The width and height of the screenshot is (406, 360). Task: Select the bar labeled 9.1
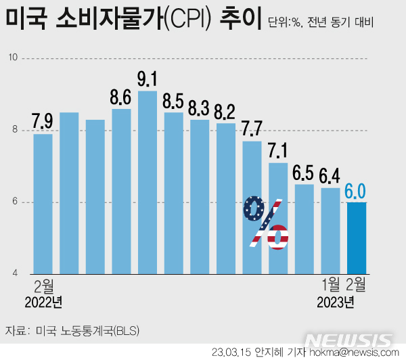pyautogui.click(x=148, y=183)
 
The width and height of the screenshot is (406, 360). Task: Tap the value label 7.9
pyautogui.click(x=43, y=122)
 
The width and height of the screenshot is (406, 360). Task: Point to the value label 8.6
pyautogui.click(x=121, y=97)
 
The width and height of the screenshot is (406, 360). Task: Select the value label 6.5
pyautogui.click(x=304, y=173)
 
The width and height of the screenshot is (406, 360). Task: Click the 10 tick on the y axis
pyautogui.click(x=13, y=59)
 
